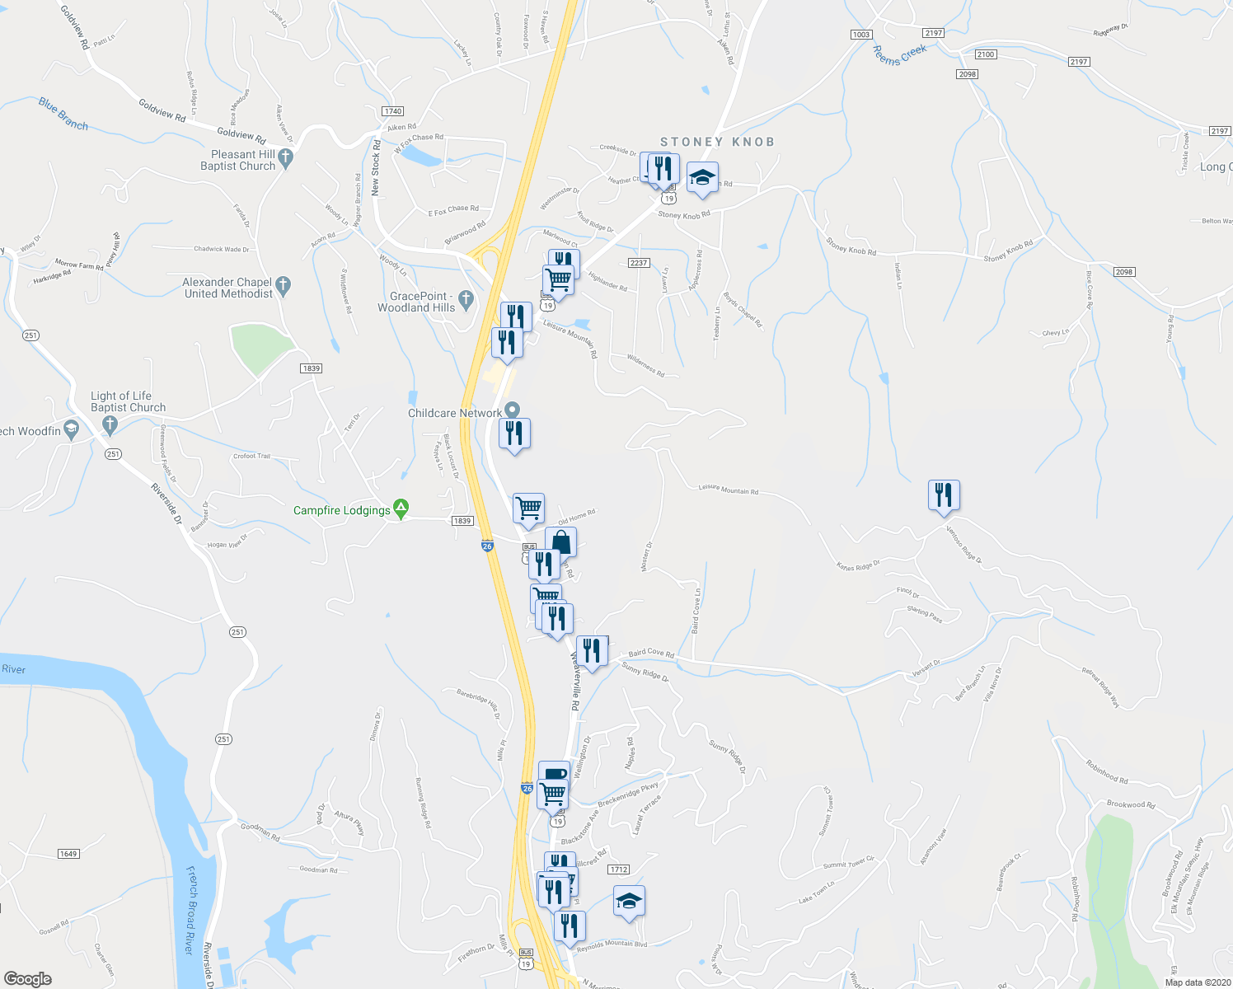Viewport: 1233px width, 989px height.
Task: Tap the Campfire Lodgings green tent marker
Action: (x=401, y=509)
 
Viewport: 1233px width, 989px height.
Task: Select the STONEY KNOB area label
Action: (x=717, y=142)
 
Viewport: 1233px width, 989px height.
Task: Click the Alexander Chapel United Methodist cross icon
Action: (x=284, y=287)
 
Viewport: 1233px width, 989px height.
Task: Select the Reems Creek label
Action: (x=900, y=55)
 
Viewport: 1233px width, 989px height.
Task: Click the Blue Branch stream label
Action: (x=63, y=114)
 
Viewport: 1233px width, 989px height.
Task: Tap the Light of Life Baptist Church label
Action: (x=128, y=401)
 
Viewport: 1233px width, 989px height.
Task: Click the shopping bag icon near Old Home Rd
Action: (x=560, y=543)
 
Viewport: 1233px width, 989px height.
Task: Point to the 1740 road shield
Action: (x=392, y=111)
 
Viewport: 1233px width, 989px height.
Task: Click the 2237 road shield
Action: (x=639, y=263)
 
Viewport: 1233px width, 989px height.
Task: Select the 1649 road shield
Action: (x=68, y=854)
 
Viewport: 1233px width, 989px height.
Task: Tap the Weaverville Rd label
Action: (x=574, y=681)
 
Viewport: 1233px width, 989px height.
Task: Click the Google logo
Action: (x=27, y=978)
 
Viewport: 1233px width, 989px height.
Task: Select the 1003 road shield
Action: (x=860, y=35)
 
